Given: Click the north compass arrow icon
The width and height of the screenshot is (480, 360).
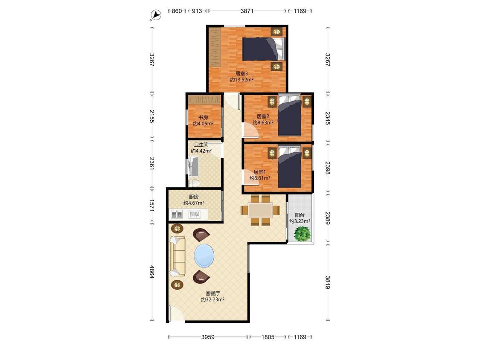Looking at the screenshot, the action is [156, 15].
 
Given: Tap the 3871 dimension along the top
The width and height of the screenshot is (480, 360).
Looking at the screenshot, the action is [247, 11].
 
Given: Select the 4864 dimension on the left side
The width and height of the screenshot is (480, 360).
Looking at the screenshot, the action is [151, 272].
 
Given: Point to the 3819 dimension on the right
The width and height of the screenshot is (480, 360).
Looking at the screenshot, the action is [328, 282].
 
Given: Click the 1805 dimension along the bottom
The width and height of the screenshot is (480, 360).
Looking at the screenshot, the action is [268, 337].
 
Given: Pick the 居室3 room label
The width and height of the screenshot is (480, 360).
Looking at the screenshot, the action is [241, 73].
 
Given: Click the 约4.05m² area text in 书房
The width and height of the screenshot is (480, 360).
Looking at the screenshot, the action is [203, 124].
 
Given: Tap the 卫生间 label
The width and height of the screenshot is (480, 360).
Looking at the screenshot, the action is [201, 145].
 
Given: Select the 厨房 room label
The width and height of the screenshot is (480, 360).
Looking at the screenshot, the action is [193, 197].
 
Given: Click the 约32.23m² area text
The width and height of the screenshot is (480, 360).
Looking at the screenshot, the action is [213, 300].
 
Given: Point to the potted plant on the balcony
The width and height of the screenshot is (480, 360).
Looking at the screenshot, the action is [303, 234].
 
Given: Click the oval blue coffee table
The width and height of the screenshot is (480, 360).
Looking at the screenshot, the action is [204, 255].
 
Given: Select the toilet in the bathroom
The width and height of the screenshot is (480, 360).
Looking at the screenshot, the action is [194, 183].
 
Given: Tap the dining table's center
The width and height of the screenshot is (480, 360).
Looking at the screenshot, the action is [260, 210].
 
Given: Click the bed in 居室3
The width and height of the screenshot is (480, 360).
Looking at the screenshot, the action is [263, 49].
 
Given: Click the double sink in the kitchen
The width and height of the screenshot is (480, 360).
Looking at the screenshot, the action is [177, 214].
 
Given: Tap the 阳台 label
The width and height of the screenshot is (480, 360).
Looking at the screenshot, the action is [300, 215].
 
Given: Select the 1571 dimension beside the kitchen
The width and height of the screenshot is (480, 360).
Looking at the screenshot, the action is [151, 205].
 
